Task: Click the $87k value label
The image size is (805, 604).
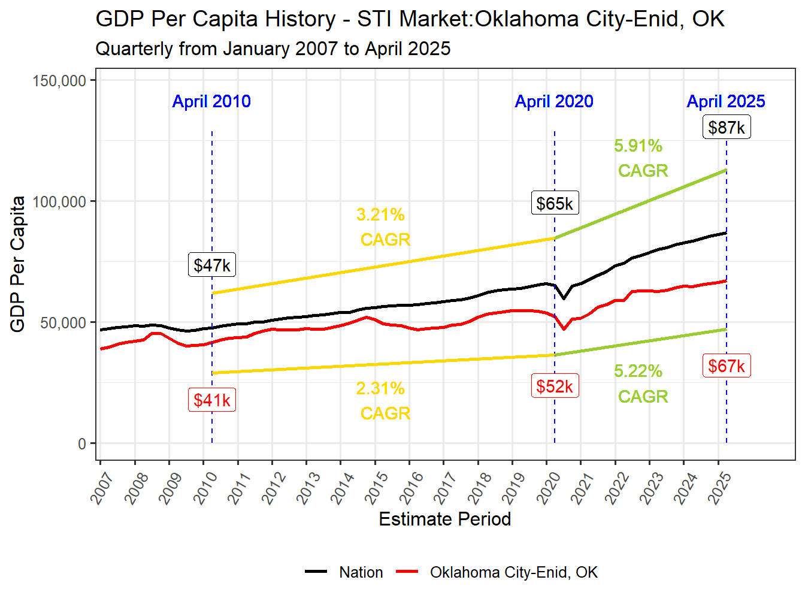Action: click(727, 128)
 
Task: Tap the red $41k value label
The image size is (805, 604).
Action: click(212, 400)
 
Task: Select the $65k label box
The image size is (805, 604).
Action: click(555, 204)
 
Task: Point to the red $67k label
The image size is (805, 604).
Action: click(727, 366)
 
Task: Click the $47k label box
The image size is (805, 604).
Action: click(212, 265)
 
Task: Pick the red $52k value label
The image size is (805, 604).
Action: click(555, 386)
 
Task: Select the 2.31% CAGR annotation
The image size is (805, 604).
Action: click(382, 401)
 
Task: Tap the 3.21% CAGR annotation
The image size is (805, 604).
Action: click(382, 227)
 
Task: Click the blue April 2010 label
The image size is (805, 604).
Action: click(211, 101)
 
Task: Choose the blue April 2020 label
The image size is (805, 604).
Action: click(554, 101)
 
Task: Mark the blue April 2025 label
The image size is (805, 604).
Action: click(726, 101)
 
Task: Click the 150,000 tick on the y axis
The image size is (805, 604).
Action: click(59, 81)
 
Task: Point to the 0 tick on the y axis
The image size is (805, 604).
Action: click(82, 444)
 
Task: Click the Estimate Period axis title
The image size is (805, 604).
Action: click(445, 519)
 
